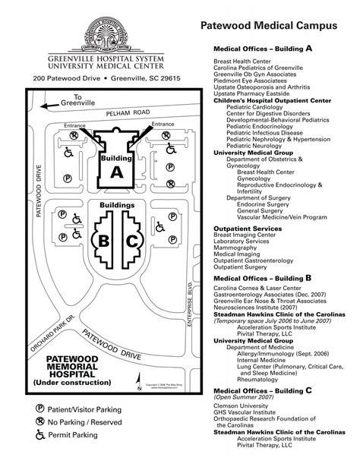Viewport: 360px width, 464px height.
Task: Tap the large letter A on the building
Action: (x=115, y=172)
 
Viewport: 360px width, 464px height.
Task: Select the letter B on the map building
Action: (x=103, y=242)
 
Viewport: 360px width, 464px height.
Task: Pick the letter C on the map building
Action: (x=131, y=242)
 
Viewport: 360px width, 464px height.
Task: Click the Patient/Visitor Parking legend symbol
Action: (x=40, y=407)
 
